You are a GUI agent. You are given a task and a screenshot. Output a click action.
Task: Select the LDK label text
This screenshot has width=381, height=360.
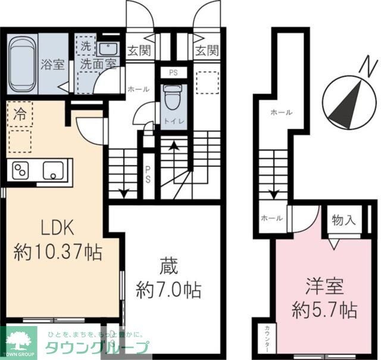57,228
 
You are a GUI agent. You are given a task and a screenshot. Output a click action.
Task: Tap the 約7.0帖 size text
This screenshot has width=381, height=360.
168,290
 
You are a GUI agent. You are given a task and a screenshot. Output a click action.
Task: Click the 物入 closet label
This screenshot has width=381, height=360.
343,221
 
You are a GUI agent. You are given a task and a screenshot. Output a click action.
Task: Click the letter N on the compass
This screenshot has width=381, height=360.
370,64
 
